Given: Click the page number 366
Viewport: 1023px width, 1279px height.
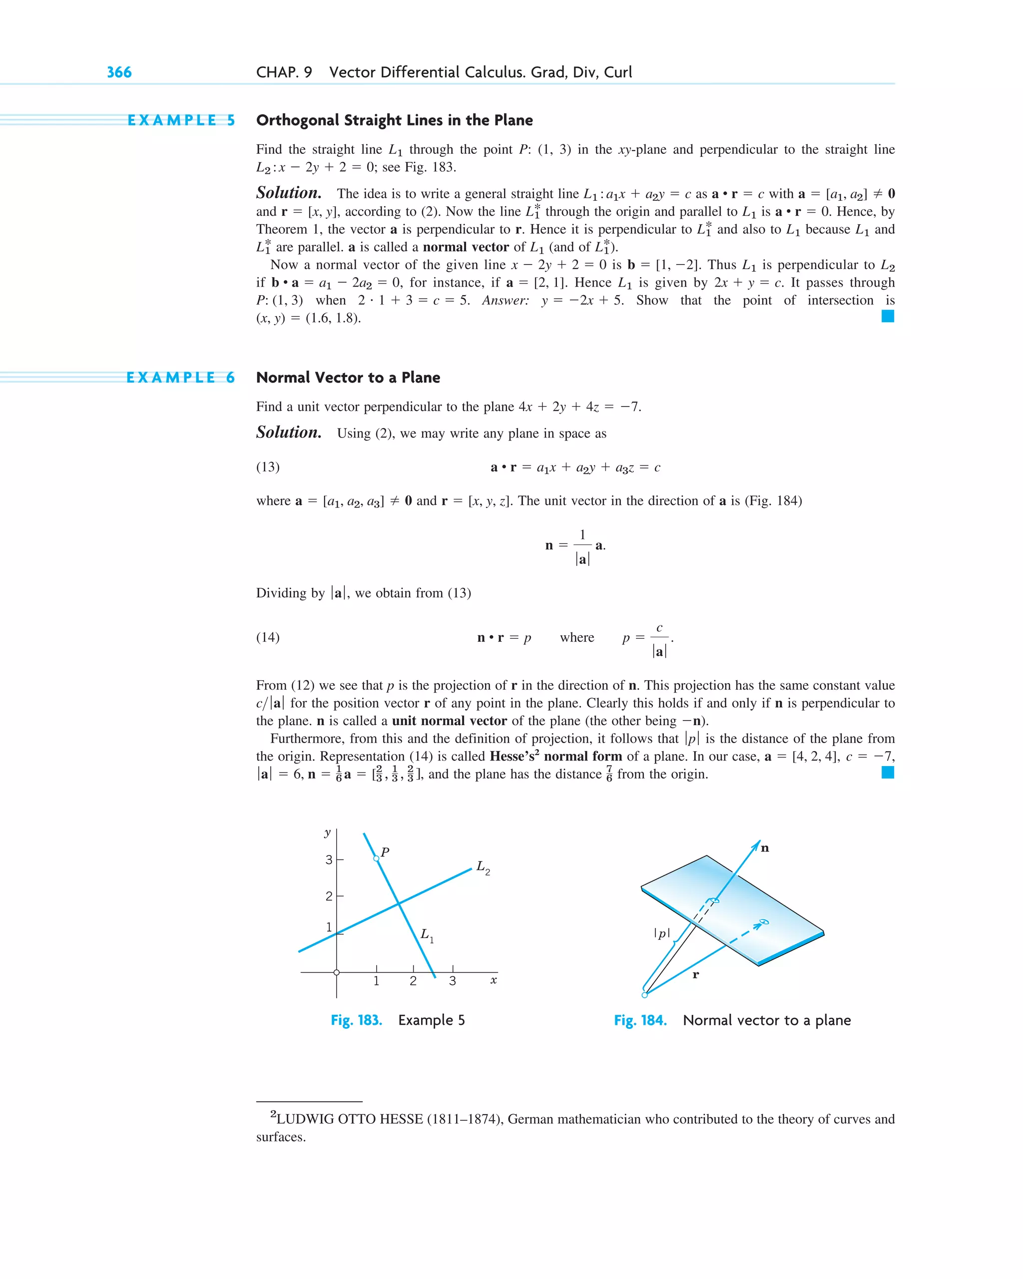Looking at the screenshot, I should (119, 72).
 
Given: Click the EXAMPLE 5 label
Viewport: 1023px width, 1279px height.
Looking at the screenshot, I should (181, 120).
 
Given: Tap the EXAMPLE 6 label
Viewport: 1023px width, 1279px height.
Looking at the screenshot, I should (180, 378).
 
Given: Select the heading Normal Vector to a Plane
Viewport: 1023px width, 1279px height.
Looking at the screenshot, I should (348, 378).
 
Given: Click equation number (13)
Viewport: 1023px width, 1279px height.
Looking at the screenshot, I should (268, 467).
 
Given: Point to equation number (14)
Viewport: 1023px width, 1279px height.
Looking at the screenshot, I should (268, 637).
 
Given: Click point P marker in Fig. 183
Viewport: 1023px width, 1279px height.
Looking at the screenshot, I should (376, 858).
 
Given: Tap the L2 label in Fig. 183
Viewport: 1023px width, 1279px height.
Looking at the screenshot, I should (483, 867).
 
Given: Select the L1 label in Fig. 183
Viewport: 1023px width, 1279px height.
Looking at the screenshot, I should (427, 935).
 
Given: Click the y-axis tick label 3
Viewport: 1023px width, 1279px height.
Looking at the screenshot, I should (329, 859).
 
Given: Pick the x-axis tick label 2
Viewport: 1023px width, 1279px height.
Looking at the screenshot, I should (413, 981).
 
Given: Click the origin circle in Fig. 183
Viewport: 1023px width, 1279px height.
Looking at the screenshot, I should (337, 972).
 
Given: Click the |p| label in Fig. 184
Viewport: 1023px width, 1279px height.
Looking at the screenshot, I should (662, 934).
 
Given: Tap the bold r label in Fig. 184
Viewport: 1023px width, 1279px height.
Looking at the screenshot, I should (695, 975).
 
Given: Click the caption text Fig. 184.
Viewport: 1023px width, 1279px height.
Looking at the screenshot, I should (640, 1020).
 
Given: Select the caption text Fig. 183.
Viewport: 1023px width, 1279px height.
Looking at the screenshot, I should (356, 1020).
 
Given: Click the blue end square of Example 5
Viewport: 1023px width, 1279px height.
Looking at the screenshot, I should (888, 316).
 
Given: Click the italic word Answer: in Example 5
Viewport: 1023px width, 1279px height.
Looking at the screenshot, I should (505, 301).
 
